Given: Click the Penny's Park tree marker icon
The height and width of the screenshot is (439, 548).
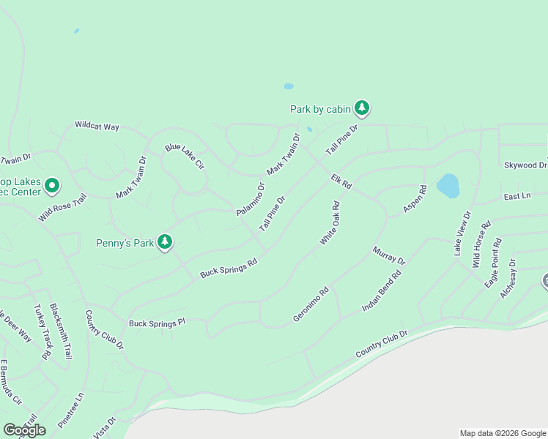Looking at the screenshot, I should pyautogui.click(x=165, y=241).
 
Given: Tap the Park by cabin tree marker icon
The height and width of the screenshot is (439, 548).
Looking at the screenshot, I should pyautogui.click(x=361, y=108).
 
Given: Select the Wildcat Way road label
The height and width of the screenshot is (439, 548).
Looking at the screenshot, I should pyautogui.click(x=97, y=126).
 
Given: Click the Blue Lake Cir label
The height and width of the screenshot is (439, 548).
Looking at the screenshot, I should pyautogui.click(x=184, y=157).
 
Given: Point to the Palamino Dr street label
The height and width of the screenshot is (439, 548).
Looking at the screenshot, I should pyautogui.click(x=250, y=198).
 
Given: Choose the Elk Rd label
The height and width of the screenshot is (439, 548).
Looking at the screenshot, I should pyautogui.click(x=341, y=181).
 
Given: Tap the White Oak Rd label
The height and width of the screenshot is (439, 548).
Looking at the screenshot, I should pyautogui.click(x=330, y=223).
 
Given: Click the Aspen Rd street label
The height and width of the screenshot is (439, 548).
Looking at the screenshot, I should pyautogui.click(x=415, y=200).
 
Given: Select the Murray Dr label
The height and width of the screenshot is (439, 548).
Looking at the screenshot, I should pyautogui.click(x=388, y=255).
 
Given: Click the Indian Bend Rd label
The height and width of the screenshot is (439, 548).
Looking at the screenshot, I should pyautogui.click(x=382, y=292).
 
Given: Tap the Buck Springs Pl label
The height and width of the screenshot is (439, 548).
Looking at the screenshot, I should pyautogui.click(x=158, y=323).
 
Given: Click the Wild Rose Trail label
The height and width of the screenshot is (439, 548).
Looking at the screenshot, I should pyautogui.click(x=62, y=208).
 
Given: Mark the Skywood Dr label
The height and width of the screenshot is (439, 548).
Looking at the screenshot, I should pyautogui.click(x=525, y=165).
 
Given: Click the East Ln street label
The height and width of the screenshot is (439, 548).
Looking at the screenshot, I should pyautogui.click(x=516, y=197).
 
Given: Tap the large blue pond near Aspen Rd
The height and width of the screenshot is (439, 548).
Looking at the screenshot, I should pyautogui.click(x=448, y=185).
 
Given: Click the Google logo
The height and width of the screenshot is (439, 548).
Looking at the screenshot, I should pyautogui.click(x=25, y=430).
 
